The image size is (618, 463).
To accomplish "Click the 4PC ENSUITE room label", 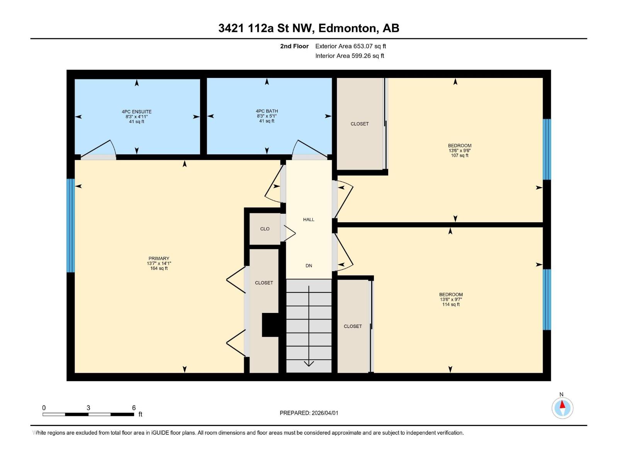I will click(x=136, y=112).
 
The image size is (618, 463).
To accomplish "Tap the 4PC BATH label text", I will click(x=267, y=111).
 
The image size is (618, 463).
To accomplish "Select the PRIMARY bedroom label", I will click(x=159, y=259).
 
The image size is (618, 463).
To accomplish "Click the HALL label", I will click(x=309, y=220).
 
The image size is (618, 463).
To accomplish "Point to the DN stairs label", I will click(x=309, y=266).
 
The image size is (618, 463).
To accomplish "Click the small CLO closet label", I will click(x=265, y=229).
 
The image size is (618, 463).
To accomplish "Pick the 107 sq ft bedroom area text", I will click(x=459, y=155).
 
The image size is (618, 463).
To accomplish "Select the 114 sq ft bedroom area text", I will click(x=451, y=304).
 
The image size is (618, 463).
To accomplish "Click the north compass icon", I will click(x=562, y=408).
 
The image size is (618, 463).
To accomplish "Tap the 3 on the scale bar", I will click(x=88, y=408).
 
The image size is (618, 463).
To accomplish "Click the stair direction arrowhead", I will click(x=309, y=363).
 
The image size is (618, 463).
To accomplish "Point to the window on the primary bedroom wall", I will click(x=70, y=226).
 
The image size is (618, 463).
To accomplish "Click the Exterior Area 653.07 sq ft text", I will click(x=350, y=46).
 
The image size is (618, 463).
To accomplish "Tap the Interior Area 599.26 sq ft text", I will click(x=350, y=56).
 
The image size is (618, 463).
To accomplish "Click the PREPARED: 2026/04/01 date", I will click(x=309, y=413).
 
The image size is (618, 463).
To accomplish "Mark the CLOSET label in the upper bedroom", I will click(x=360, y=124).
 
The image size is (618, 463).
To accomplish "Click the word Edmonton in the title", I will click(x=347, y=28).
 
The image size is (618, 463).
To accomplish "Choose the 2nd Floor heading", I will click(x=294, y=46).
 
